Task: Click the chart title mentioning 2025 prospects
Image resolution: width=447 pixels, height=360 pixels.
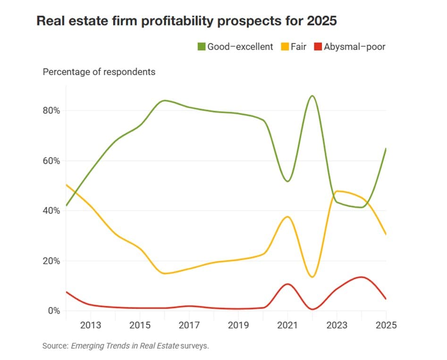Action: [x=187, y=21]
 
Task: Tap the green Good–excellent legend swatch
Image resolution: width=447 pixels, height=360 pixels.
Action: [x=202, y=47]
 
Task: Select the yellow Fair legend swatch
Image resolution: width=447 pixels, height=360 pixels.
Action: [x=285, y=47]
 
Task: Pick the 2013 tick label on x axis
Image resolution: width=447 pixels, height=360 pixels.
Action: [x=91, y=326]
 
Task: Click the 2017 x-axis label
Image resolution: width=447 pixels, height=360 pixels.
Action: [x=189, y=326]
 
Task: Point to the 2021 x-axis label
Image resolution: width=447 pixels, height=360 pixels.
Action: [x=287, y=326]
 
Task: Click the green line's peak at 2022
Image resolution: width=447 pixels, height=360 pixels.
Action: [x=312, y=96]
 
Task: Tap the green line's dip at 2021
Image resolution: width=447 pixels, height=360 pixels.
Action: [x=287, y=181]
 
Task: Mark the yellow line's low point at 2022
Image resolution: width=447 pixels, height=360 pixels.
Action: [x=312, y=277]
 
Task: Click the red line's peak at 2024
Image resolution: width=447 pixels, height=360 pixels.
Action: [x=361, y=277]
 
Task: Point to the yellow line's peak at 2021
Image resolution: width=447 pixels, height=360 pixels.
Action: [x=287, y=217]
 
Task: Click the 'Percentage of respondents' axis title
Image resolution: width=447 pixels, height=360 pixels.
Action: [x=99, y=72]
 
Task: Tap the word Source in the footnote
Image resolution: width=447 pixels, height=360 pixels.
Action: [x=55, y=346]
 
